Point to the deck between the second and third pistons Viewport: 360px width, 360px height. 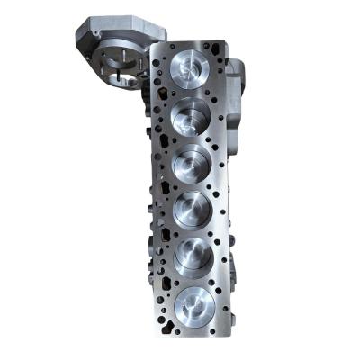tap(193, 139)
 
